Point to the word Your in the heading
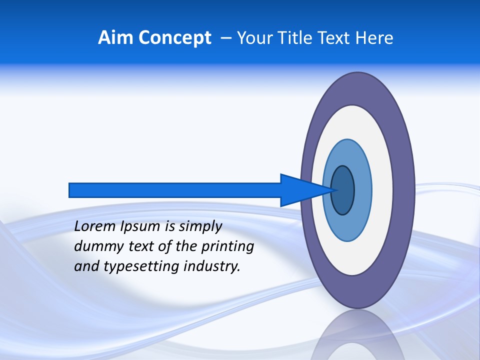pyautogui.click(x=253, y=37)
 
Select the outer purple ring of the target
pyautogui.click(x=403, y=190)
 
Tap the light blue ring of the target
pyautogui.click(x=362, y=190)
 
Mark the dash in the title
pyautogui.click(x=225, y=38)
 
